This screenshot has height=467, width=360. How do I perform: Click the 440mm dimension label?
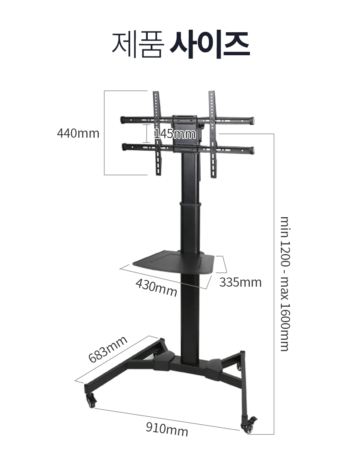point(78,133)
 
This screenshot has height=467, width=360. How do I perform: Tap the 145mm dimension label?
point(175,134)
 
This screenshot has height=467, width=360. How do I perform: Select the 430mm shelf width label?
point(157,287)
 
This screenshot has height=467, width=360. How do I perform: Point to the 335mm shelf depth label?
point(240,282)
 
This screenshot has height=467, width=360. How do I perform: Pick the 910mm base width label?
point(167,429)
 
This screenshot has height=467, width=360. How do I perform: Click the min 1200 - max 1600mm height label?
point(285,284)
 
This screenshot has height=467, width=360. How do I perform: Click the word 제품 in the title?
point(137,44)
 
